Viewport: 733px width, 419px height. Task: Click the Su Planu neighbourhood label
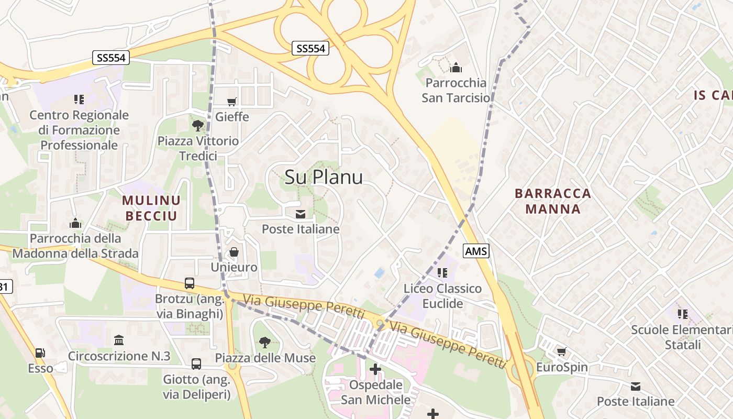[x=324, y=177]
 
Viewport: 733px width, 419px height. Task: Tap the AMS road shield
[x=476, y=251]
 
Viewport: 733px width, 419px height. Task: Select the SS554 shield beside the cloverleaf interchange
[x=311, y=49]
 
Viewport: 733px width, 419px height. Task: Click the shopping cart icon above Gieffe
[x=232, y=102]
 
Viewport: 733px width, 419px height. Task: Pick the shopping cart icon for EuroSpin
[x=562, y=352]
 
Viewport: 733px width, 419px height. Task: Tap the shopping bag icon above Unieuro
[x=234, y=252]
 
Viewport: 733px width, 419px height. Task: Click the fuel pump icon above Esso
[x=40, y=354]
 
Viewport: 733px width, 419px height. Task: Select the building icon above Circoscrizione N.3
[x=119, y=340]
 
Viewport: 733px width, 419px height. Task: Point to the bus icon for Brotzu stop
[x=190, y=283]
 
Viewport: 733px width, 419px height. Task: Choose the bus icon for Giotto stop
[x=196, y=363]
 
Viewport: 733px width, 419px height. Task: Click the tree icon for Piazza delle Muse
[x=265, y=343]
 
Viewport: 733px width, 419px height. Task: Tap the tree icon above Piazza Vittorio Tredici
[x=198, y=125]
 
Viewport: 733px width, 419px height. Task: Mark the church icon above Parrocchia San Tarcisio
[x=456, y=68]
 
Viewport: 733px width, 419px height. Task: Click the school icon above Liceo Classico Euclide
[x=442, y=273]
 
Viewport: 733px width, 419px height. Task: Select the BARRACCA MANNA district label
[x=553, y=201]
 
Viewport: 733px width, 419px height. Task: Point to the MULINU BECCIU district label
[x=151, y=207]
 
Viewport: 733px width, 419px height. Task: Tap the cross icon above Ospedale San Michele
[x=375, y=369]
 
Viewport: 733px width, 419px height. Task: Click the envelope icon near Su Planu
[x=301, y=214]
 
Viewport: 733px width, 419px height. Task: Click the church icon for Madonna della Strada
[x=75, y=224]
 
